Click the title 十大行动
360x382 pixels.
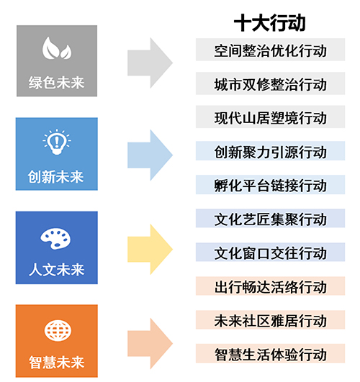pyautogui.click(x=270, y=23)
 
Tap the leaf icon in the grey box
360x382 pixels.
pyautogui.click(x=57, y=48)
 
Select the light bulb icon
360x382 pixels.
pyautogui.click(x=57, y=142)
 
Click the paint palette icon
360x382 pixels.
pyautogui.click(x=55, y=239)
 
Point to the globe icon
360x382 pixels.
pyautogui.click(x=58, y=331)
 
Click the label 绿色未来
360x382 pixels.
pyautogui.click(x=57, y=83)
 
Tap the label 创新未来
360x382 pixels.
pyautogui.click(x=56, y=177)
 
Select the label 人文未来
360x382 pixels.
pyautogui.click(x=57, y=270)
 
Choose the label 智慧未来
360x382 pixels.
pyautogui.click(x=57, y=363)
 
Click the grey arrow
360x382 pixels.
pyautogui.click(x=150, y=63)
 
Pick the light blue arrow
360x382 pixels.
pyautogui.click(x=150, y=155)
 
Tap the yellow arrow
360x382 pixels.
pyautogui.click(x=150, y=249)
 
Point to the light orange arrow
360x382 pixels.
pyautogui.click(x=150, y=343)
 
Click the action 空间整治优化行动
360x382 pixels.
pyautogui.click(x=270, y=50)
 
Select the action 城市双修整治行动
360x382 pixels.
pyautogui.click(x=270, y=85)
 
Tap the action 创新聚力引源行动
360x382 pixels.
pyautogui.click(x=270, y=152)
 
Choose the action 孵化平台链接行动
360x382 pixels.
pyautogui.click(x=270, y=186)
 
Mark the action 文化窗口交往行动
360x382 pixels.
pyautogui.click(x=270, y=253)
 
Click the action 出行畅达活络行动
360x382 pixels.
pyautogui.click(x=270, y=287)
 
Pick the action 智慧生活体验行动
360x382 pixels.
pyautogui.click(x=270, y=355)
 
